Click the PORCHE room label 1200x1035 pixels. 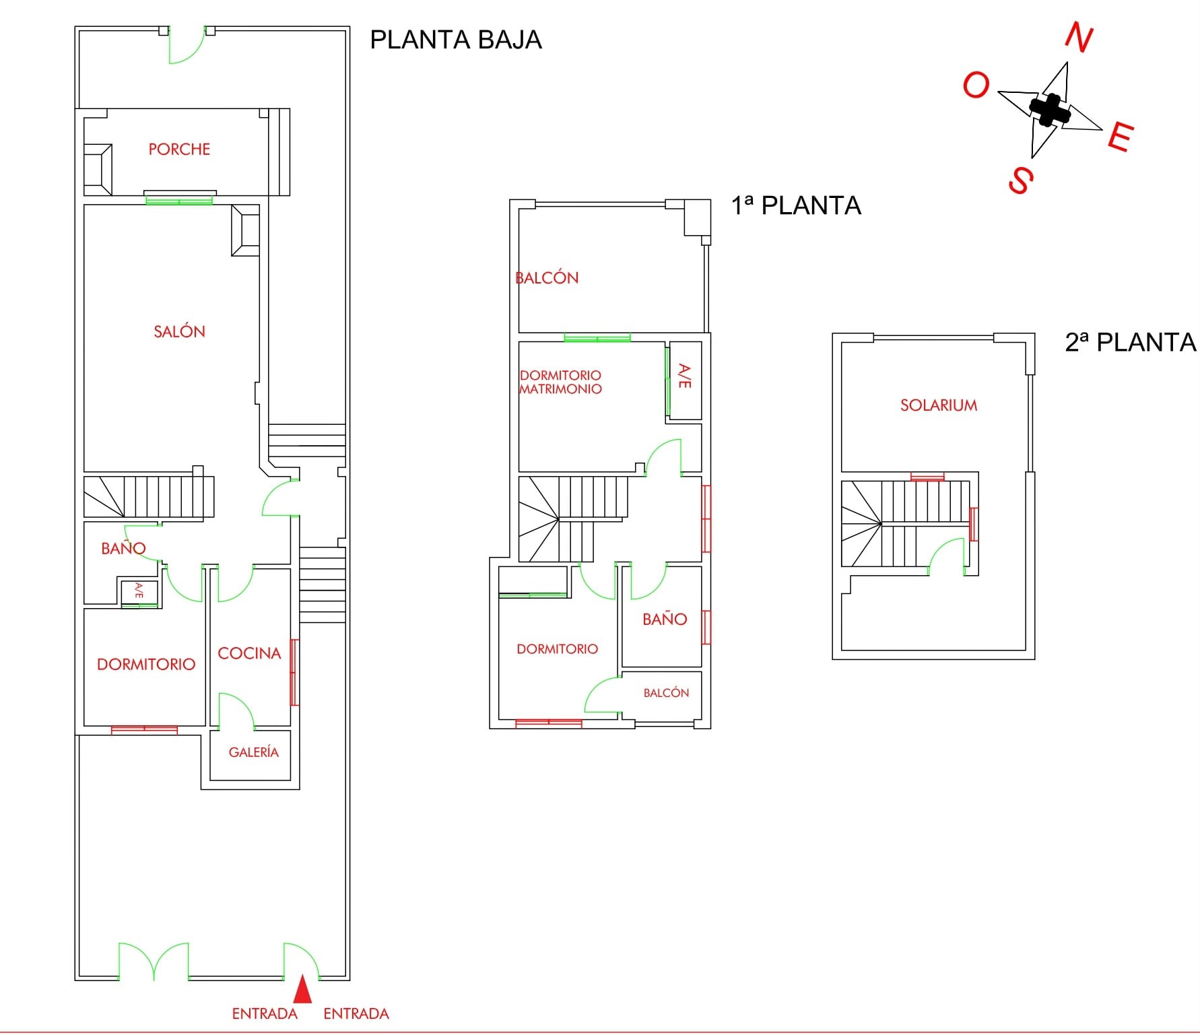coord(179,149)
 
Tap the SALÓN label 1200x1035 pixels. coord(179,331)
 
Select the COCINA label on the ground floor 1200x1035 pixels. coord(249,653)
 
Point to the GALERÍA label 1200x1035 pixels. coord(254,752)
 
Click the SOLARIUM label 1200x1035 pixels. coord(939,405)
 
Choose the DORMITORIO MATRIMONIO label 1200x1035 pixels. coord(560,382)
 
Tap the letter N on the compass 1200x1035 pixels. coord(1079,37)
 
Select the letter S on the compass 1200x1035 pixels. coord(1021,180)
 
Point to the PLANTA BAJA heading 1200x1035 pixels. coord(456,40)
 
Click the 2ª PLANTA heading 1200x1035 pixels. coord(1131,342)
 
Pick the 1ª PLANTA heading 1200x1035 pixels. coord(796,205)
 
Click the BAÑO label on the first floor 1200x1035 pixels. coord(665,619)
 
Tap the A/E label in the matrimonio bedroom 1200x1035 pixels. coord(684,376)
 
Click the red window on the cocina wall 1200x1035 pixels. coord(294,672)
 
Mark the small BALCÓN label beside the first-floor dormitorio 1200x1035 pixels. coord(666,692)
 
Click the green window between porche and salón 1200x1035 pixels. coord(179,200)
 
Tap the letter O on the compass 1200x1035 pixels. coord(976,86)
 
